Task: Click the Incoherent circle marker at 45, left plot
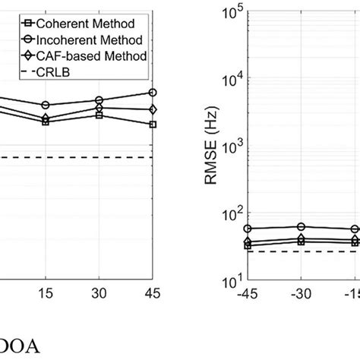click(x=153, y=93)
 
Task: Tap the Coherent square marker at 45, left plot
click(x=153, y=124)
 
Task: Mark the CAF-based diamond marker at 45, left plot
click(x=153, y=109)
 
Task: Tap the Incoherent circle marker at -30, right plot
click(x=302, y=226)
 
